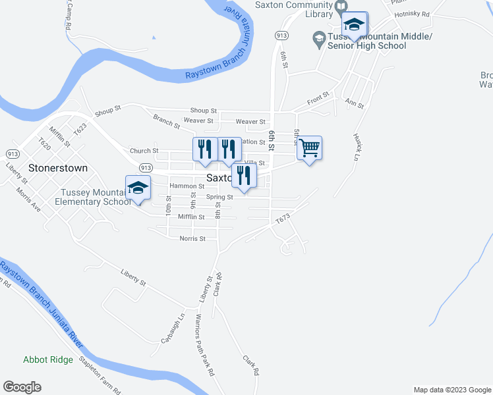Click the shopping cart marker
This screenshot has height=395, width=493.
click(308, 148)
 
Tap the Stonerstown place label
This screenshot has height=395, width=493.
click(58, 168)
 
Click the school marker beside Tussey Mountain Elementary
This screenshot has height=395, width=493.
click(138, 188)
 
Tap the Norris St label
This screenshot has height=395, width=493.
click(192, 239)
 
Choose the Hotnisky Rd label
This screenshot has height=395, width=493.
click(412, 14)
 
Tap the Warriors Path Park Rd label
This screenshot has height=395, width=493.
click(204, 344)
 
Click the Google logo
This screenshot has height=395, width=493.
click(22, 387)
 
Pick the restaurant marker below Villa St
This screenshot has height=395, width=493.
click(244, 176)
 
